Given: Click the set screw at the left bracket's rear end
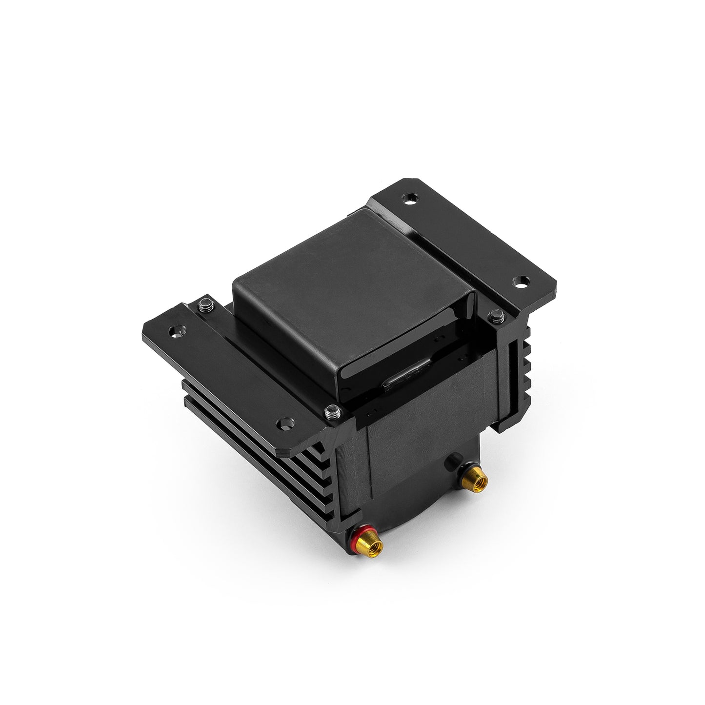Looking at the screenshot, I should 205,305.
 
